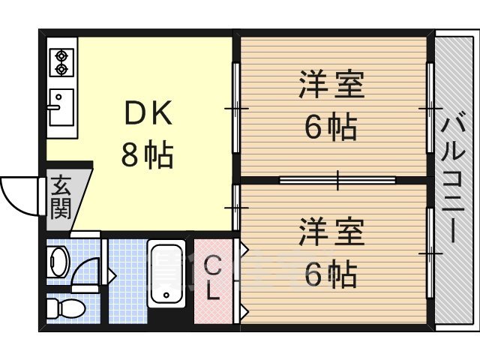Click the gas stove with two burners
(61, 62)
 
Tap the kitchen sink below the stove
(61, 106)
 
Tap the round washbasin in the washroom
(58, 262)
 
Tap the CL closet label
(214, 277)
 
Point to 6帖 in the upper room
(331, 127)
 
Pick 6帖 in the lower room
(331, 275)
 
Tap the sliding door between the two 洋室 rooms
(337, 179)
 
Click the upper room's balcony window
(430, 109)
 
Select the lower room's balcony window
(430, 253)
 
